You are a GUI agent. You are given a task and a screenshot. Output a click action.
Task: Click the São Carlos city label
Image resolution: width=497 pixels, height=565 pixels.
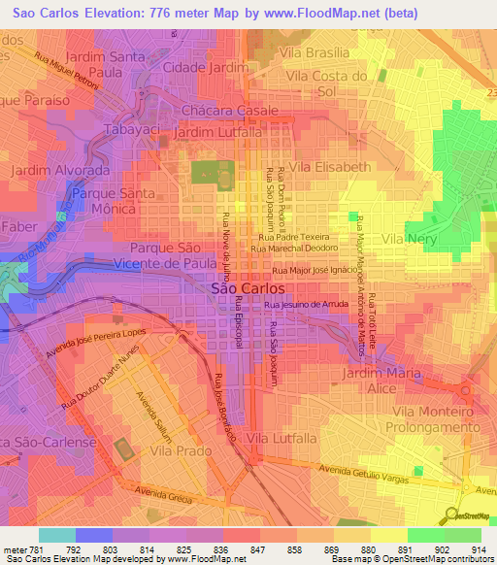pyautogui.click(x=248, y=288)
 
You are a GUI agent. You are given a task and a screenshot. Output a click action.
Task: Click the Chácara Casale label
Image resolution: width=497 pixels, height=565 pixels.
pyautogui.click(x=223, y=113)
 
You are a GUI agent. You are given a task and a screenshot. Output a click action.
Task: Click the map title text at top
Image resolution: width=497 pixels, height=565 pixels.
pyautogui.click(x=248, y=14)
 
